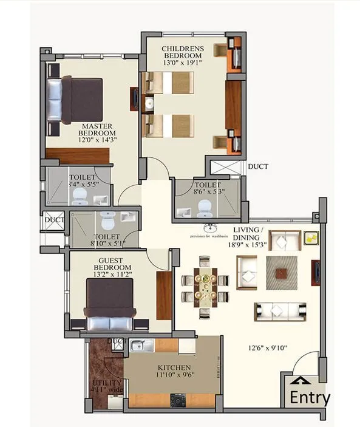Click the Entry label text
310,398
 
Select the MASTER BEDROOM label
98,129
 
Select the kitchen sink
141,346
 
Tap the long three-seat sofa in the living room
279,311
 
